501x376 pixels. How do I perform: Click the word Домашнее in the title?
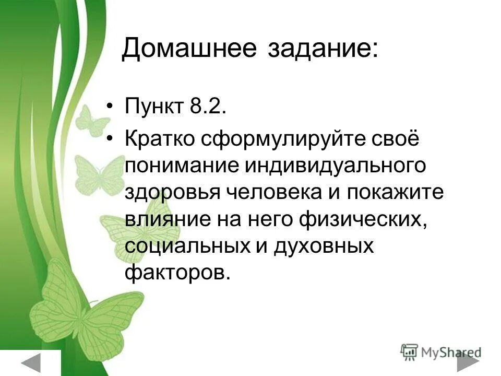pos(189,50)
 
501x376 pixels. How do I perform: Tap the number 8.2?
pos(209,108)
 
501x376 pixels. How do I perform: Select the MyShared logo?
pos(441,351)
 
